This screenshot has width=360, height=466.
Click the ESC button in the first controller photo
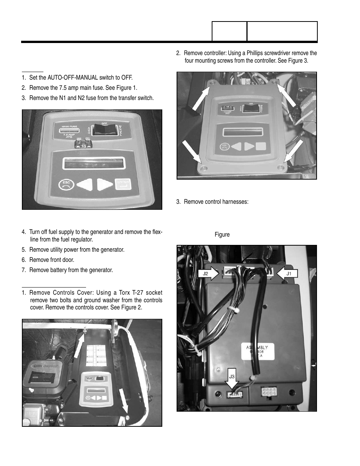click(x=66, y=185)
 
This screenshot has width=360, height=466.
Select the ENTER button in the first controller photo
click(x=123, y=184)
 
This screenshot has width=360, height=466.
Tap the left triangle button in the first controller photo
click(x=85, y=185)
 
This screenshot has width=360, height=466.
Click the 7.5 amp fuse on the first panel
click(x=83, y=143)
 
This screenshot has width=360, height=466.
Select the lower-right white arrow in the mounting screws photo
click(x=293, y=151)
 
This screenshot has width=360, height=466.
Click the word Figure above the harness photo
click(x=222, y=235)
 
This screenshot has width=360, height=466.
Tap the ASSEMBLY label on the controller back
click(x=255, y=348)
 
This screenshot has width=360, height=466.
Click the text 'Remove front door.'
click(x=52, y=260)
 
